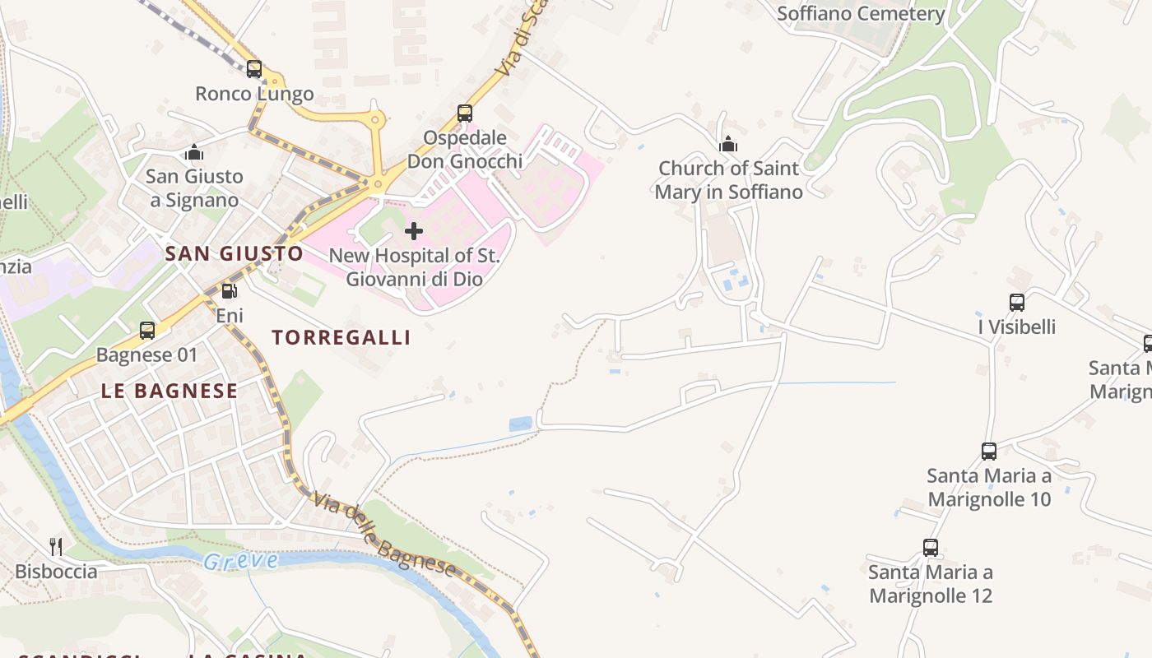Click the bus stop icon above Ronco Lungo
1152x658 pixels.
point(254,69)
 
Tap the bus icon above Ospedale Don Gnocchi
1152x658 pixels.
point(465,113)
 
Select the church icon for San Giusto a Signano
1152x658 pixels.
point(194,152)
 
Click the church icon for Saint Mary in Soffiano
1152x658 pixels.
point(728,145)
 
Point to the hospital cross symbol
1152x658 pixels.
point(414,231)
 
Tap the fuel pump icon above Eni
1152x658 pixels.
point(230,290)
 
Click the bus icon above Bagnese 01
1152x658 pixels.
point(147,331)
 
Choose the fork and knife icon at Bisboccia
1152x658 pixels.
point(56,546)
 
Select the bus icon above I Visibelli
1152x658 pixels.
point(1017,303)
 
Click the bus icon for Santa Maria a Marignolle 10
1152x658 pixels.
point(989,451)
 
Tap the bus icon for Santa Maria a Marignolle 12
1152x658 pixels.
point(931,547)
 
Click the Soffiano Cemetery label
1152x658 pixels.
point(861,14)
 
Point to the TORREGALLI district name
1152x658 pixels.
point(341,337)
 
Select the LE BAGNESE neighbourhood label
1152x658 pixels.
point(170,391)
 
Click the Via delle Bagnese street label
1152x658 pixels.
point(383,535)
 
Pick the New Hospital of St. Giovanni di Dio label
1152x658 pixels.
point(414,267)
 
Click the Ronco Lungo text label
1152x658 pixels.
point(254,94)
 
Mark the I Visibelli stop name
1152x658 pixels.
point(1017,327)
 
